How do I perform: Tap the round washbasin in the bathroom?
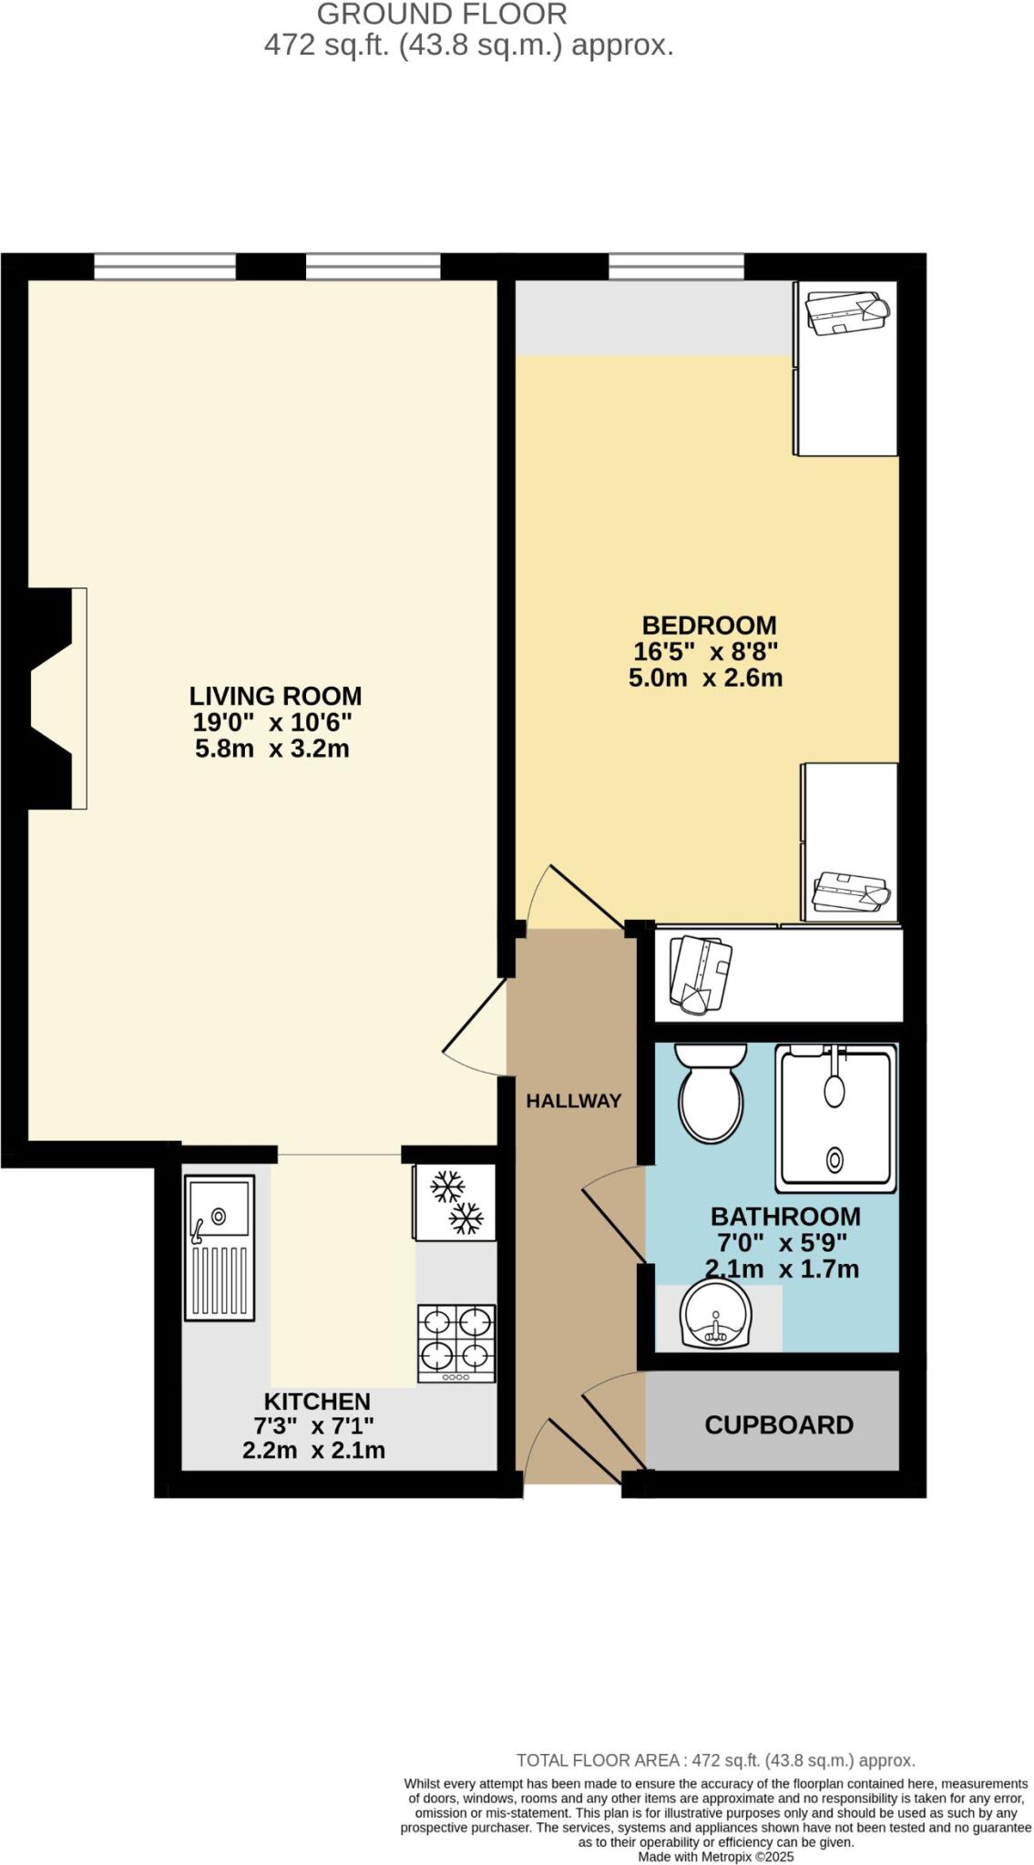pyautogui.click(x=717, y=1315)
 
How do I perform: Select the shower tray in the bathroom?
pyautogui.click(x=835, y=1119)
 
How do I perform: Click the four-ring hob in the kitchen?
pyautogui.click(x=456, y=1343)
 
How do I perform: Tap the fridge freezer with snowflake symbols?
pyautogui.click(x=455, y=1202)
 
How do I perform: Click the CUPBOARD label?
pyautogui.click(x=778, y=1424)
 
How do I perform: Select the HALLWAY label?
pyautogui.click(x=573, y=1100)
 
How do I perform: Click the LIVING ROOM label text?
pyautogui.click(x=275, y=696)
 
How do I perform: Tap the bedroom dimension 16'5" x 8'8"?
pyautogui.click(x=705, y=652)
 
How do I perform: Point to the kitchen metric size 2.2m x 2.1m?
pyautogui.click(x=313, y=1451)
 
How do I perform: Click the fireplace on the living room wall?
pyautogui.click(x=55, y=698)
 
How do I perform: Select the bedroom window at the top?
pyautogui.click(x=675, y=267)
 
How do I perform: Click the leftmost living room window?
pyautogui.click(x=165, y=267)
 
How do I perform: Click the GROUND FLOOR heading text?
pyautogui.click(x=442, y=14)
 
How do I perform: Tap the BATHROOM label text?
pyautogui.click(x=784, y=1216)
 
